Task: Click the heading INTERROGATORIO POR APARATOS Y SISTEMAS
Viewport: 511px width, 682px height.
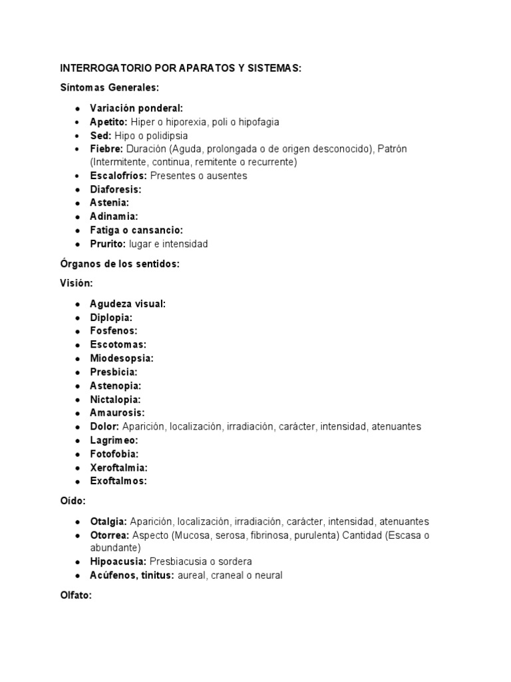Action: [x=181, y=69]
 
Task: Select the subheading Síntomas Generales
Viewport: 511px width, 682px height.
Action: [x=110, y=88]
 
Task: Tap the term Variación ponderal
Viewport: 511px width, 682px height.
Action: [x=136, y=108]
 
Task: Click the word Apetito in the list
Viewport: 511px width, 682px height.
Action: [x=108, y=122]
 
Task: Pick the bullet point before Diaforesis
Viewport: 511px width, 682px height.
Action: [x=78, y=190]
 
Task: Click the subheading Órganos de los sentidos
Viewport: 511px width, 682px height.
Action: [x=120, y=264]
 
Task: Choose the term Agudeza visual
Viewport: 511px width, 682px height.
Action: [x=128, y=304]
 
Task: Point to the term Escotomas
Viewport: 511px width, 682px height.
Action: [x=118, y=344]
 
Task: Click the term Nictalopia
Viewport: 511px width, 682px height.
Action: [x=115, y=399]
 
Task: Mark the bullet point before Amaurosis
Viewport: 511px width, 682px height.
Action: [x=78, y=413]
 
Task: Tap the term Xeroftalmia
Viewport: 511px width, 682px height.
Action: [x=118, y=467]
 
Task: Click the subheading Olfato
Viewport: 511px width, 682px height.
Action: [x=75, y=595]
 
